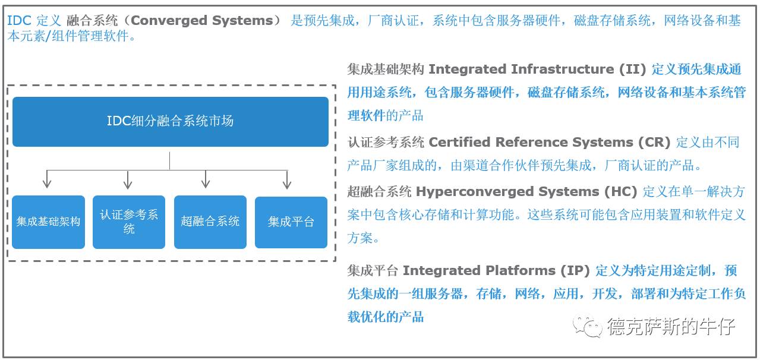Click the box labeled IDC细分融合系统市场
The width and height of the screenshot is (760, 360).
(x=170, y=121)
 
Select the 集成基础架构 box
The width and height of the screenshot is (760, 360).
(x=48, y=222)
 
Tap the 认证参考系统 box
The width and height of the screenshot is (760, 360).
(x=129, y=222)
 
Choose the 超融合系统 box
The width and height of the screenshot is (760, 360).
(x=210, y=222)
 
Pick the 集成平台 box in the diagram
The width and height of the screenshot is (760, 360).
(x=291, y=222)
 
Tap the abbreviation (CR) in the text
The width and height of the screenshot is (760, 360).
(x=654, y=143)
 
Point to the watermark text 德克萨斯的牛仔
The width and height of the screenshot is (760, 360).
(x=671, y=326)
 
